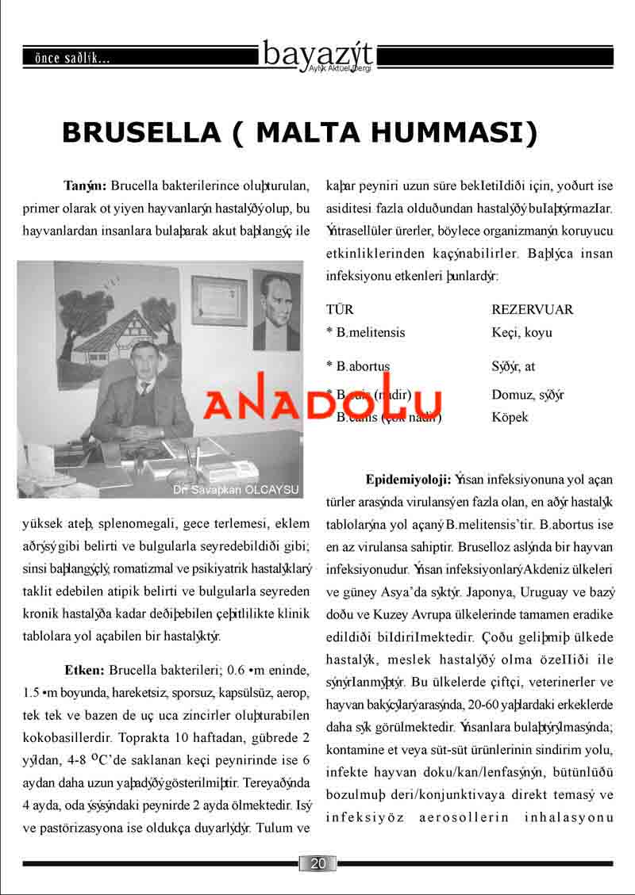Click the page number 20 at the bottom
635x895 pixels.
317,863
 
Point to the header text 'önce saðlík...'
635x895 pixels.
67,58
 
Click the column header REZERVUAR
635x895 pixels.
532,309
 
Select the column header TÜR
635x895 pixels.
340,309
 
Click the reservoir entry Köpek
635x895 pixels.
510,417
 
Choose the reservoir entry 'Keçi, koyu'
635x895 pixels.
521,332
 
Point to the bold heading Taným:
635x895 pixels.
85,187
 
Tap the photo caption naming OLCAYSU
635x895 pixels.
237,490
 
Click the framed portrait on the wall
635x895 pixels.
276,309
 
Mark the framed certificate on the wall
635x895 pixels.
218,300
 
